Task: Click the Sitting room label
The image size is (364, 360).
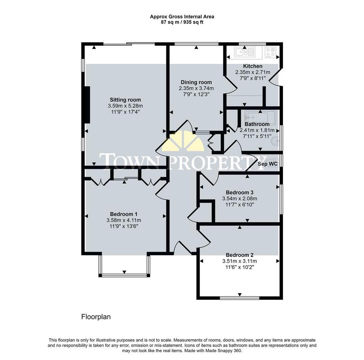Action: [125, 100]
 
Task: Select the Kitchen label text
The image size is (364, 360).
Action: [253, 66]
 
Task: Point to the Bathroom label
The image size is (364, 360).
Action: [257, 124]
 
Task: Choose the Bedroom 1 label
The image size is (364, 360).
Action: [123, 214]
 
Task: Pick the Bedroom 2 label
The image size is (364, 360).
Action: [239, 255]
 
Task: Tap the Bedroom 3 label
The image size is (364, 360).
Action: [239, 192]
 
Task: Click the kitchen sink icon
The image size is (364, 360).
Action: [245, 53]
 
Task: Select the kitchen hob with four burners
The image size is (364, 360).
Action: [271, 53]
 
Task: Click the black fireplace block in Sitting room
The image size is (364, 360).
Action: [87, 105]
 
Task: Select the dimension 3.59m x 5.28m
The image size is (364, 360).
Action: [125, 106]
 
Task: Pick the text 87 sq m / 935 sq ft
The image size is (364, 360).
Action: [182, 22]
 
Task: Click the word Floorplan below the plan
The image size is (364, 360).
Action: [96, 317]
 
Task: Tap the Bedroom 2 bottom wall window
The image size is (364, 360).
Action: [240, 298]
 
